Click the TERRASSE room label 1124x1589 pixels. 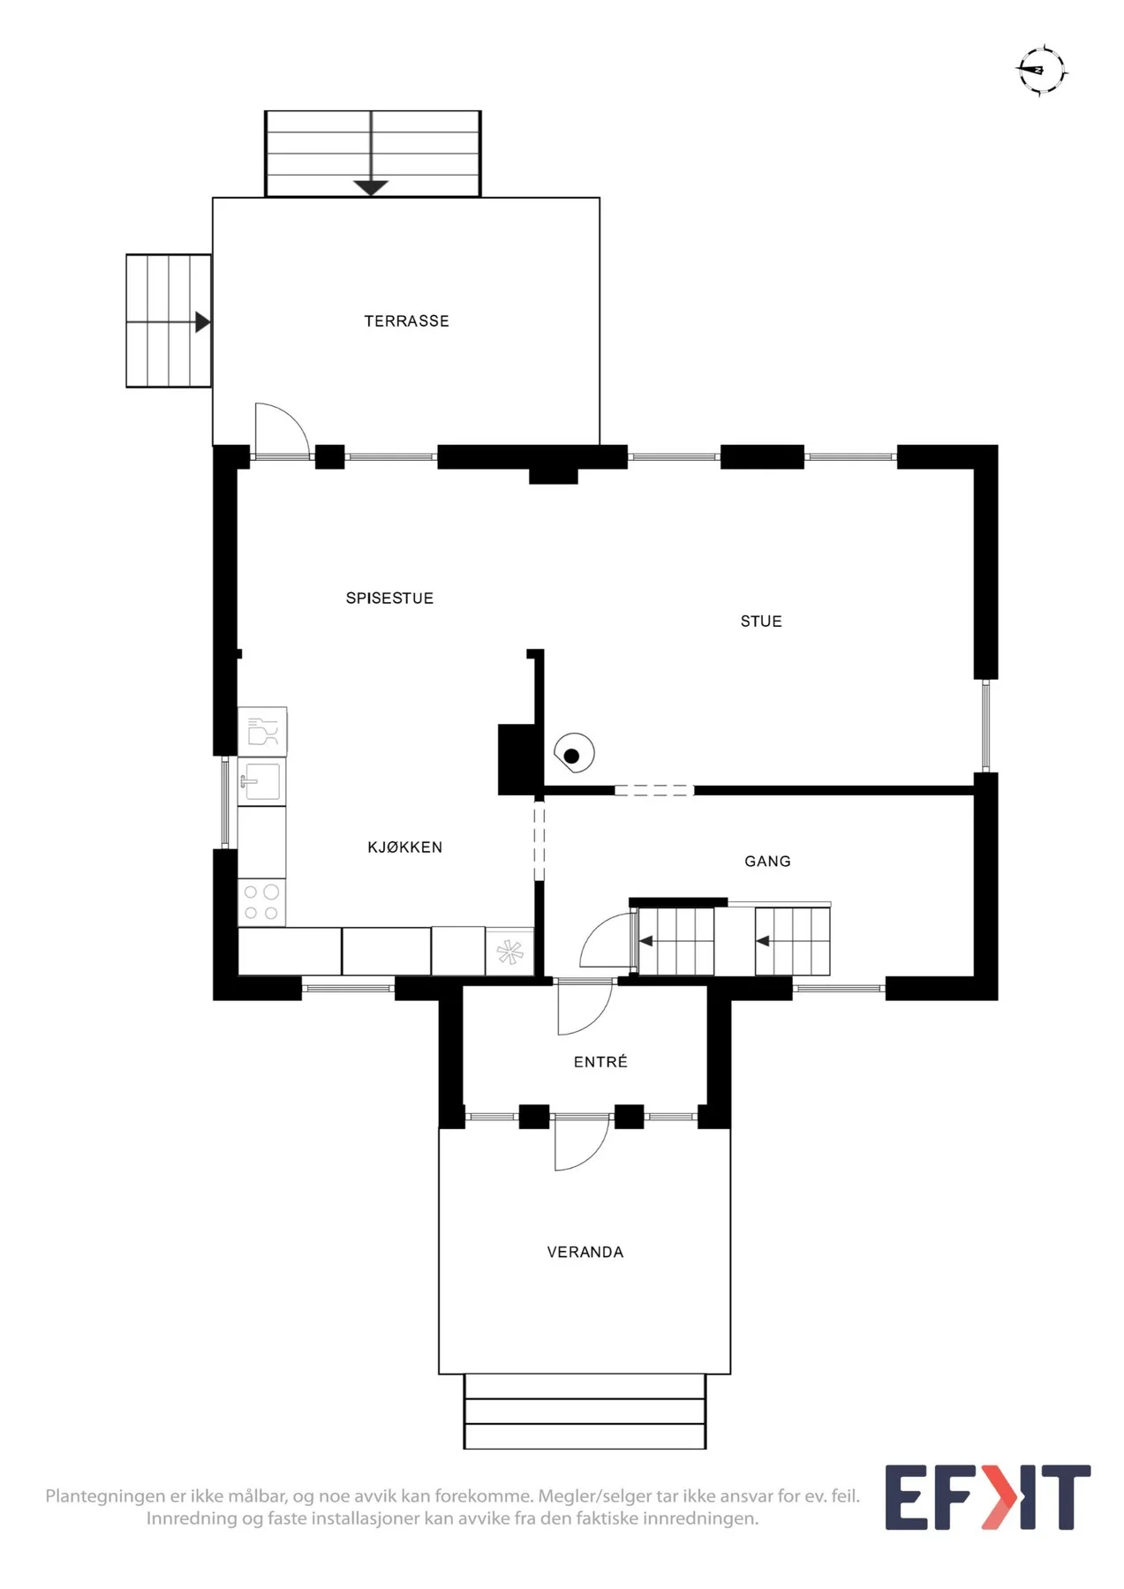coord(406,321)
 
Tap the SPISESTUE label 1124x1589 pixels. coord(389,599)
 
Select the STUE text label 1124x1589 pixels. coord(761,621)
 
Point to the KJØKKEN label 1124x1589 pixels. coord(404,847)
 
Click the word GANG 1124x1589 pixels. coord(767,862)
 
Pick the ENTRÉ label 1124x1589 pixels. coord(600,1062)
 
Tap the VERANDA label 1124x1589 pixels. coord(585,1253)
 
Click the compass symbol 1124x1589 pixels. coord(1042,70)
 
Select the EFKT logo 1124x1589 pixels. coord(988,1497)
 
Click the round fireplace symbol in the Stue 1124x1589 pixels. coord(574,754)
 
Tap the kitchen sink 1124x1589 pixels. coord(262,782)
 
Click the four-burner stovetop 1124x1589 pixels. coord(261,902)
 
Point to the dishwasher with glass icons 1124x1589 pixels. coord(262,732)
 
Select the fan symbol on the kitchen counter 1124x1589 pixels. coord(509,952)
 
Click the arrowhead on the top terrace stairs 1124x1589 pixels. coord(371,187)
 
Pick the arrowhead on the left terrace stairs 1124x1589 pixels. coord(203,322)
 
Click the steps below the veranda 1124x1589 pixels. coord(585,1412)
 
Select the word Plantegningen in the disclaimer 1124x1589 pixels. coord(106,1496)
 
